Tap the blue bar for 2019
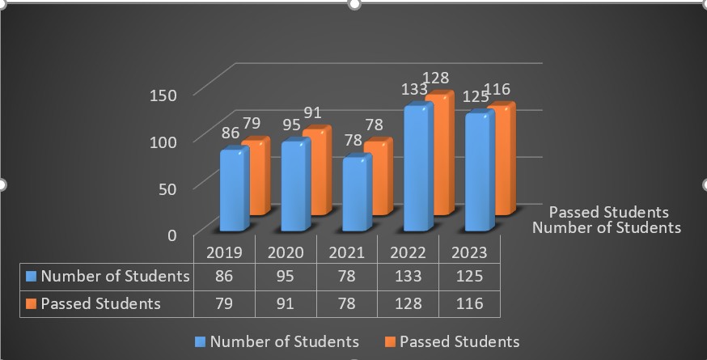coord(233,191)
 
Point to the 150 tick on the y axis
coord(162,95)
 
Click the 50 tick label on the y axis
coord(166,188)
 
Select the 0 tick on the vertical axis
coord(171,235)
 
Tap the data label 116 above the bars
coord(497,89)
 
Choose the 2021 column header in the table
coord(346,252)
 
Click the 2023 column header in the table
coord(469,252)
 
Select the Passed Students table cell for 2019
coord(224,303)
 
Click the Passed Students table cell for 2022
coord(408,303)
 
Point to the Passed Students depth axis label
coord(608,212)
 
